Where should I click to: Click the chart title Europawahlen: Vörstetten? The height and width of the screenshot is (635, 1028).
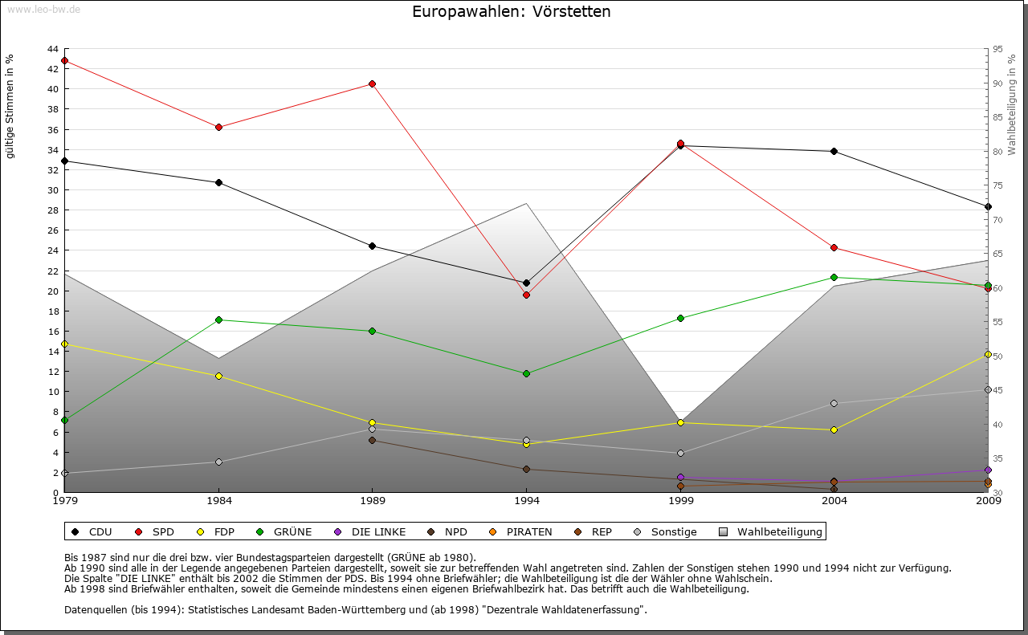(511, 11)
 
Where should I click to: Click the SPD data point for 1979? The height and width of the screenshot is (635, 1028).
(64, 60)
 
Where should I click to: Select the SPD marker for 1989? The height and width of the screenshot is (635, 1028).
(373, 83)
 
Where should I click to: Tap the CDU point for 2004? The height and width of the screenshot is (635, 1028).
(834, 151)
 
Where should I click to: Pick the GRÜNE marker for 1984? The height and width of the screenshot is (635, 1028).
(218, 320)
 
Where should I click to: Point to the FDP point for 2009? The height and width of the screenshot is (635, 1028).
(988, 354)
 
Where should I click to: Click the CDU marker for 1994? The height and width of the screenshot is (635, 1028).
(527, 283)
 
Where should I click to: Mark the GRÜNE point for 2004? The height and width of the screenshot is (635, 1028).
(834, 277)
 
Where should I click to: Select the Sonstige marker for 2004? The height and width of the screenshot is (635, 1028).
(834, 403)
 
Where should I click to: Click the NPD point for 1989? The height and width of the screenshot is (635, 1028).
(373, 440)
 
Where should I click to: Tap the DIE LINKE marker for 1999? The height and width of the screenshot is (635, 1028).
(681, 477)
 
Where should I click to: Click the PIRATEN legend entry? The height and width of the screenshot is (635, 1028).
(521, 531)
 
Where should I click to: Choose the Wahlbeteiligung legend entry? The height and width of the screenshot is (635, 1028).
(772, 531)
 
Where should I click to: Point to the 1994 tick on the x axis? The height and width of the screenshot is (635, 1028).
(527, 502)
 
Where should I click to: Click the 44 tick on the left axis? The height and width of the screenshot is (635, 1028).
(52, 49)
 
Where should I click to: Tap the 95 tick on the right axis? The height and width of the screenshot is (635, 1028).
(998, 49)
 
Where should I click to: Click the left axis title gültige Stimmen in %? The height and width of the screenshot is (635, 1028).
(10, 107)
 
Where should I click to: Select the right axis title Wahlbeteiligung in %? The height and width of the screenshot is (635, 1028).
(1012, 105)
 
